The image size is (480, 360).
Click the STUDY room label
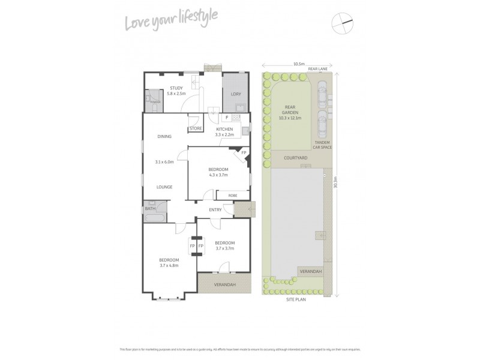click(176, 88)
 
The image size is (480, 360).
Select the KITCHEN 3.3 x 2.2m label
click(224, 132)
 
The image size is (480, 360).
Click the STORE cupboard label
click(196, 128)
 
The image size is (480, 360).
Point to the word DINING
click(164, 137)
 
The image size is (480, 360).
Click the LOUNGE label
click(164, 187)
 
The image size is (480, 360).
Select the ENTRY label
click(215, 209)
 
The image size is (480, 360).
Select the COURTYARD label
click(296, 158)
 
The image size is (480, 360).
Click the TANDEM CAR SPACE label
click(322, 145)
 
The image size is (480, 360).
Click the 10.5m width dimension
click(298, 63)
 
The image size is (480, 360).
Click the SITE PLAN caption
click(296, 299)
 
